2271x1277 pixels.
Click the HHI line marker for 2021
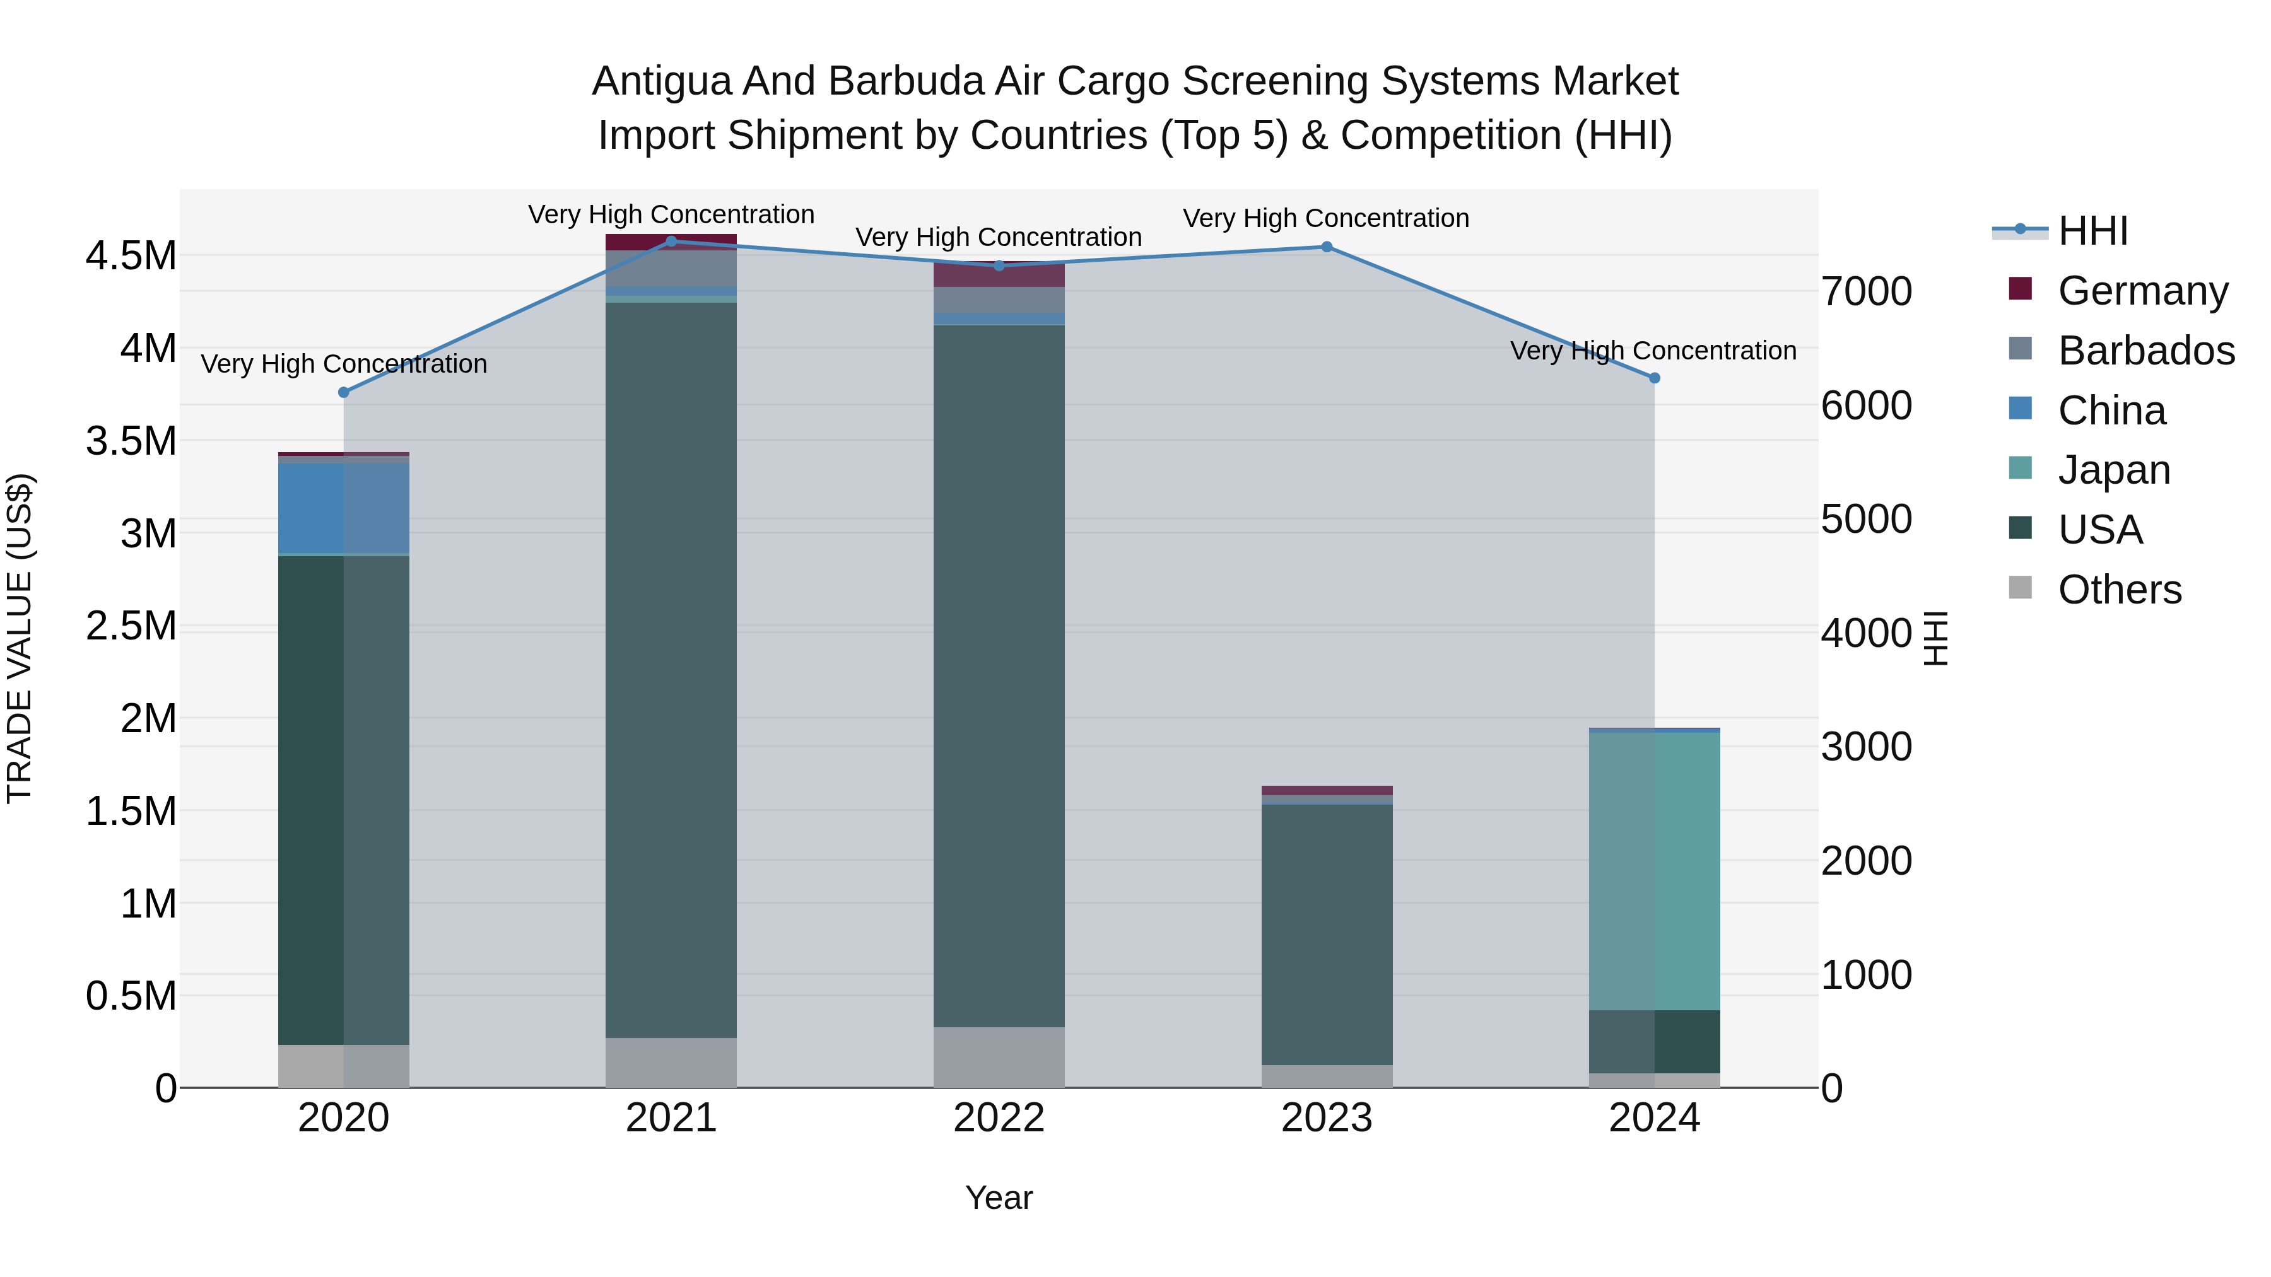coord(671,242)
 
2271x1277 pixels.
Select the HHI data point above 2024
coord(1654,378)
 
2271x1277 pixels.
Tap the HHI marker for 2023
coord(1326,247)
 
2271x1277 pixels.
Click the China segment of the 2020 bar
coord(344,508)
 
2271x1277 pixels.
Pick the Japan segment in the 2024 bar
coord(1654,871)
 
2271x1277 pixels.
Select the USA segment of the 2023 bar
coord(1326,934)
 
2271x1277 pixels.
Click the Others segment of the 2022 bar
coord(999,1057)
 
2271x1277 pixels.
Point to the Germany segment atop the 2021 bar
coord(671,241)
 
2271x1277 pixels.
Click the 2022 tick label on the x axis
coord(999,1118)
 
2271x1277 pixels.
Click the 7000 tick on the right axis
coord(1867,292)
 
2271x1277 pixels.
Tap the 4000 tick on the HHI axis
coord(1867,634)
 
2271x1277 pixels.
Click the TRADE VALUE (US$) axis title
coord(20,638)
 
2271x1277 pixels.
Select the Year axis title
coord(999,1198)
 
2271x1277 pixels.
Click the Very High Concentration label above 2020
coord(344,364)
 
